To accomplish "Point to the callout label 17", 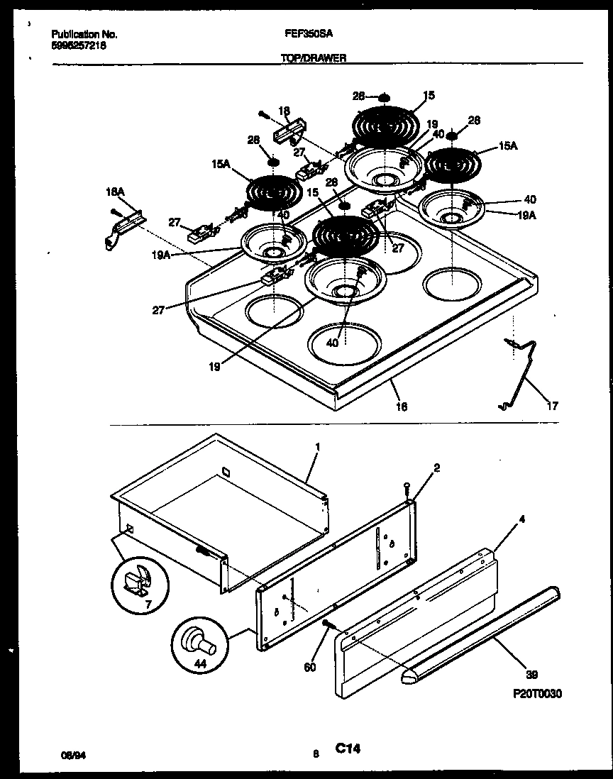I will point(552,406).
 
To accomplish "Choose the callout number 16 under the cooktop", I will point(402,406).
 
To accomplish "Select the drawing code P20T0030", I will point(534,693).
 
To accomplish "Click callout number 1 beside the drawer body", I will point(317,448).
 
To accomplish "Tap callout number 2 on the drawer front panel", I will point(437,469).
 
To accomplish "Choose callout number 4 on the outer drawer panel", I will point(521,519).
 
